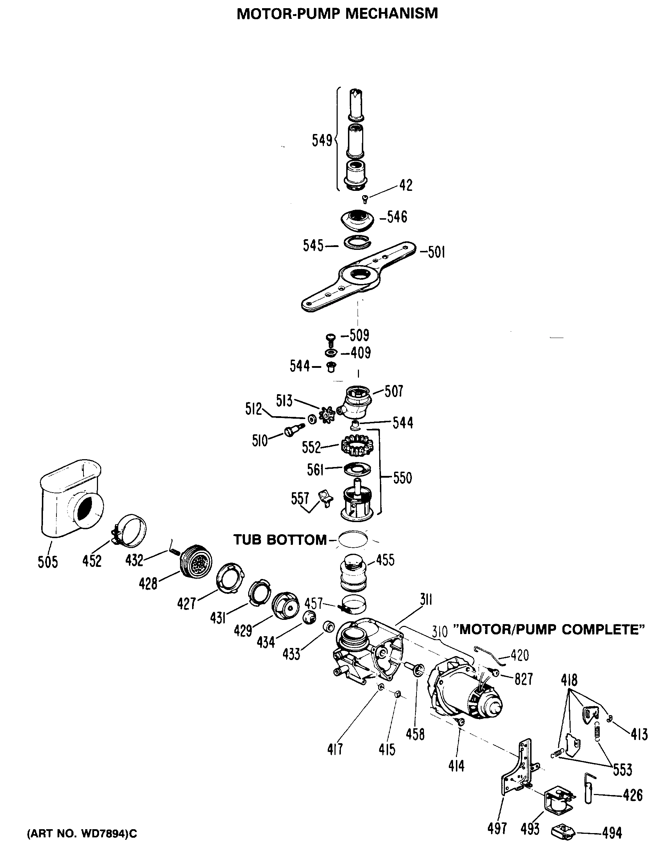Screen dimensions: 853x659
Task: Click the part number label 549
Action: [321, 140]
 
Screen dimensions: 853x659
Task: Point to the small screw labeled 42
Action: [365, 199]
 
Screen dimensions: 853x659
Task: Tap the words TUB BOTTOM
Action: [280, 540]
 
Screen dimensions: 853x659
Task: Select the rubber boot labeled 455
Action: [354, 572]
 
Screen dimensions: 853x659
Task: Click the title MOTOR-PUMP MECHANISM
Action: [337, 13]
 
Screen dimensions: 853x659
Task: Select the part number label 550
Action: [402, 478]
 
